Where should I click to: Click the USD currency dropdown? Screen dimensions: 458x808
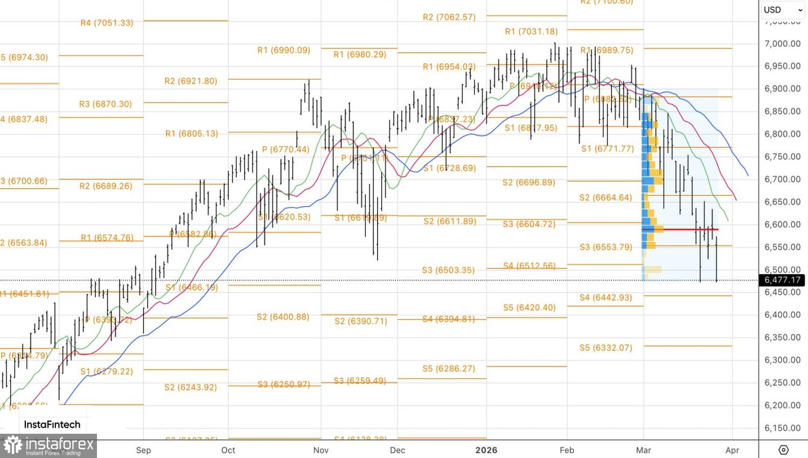(x=782, y=10)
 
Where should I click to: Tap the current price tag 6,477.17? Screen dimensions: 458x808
(x=782, y=280)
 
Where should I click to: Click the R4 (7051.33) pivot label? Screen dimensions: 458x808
(x=107, y=23)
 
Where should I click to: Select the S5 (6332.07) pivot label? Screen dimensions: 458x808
(x=605, y=348)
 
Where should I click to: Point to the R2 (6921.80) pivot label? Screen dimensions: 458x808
(x=191, y=81)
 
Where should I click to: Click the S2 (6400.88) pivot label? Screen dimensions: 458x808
(x=283, y=317)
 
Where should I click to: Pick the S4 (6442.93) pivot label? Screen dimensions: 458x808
(x=605, y=297)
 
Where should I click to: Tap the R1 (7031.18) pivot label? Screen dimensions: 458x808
(x=531, y=31)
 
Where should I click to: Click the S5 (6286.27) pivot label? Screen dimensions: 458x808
(x=449, y=369)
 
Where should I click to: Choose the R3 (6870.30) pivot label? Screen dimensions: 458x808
(x=105, y=104)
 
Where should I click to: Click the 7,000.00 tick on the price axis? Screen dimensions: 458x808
(x=782, y=44)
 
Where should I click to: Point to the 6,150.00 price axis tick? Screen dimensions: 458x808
(x=782, y=428)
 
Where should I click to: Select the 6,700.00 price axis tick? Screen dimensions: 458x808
(x=782, y=179)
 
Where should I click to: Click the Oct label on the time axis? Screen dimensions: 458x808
(x=228, y=450)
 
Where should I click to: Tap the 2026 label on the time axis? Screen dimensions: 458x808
(x=486, y=450)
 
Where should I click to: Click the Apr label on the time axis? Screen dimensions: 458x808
(x=732, y=450)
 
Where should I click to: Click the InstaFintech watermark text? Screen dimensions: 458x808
(x=52, y=425)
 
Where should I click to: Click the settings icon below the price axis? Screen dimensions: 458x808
(x=784, y=450)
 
